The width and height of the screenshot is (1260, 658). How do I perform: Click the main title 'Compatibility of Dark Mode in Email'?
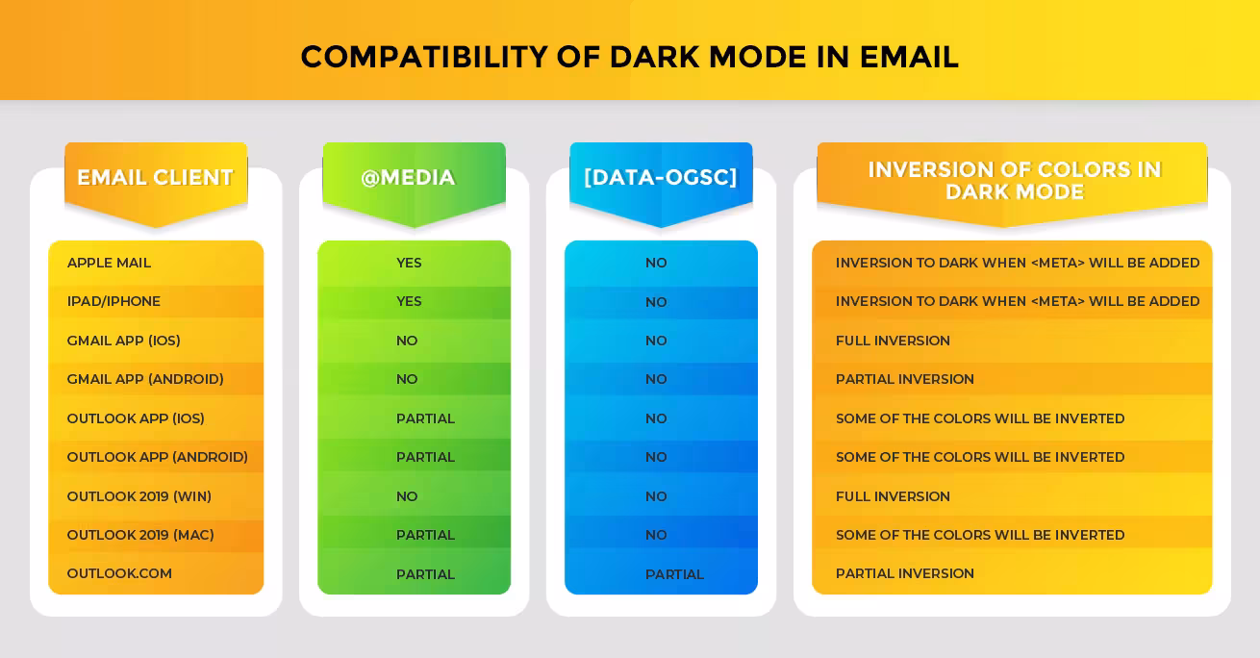coord(629,57)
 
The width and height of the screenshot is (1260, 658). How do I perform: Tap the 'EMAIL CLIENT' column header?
coord(155,178)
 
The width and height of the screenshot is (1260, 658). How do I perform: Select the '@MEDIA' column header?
coord(408,178)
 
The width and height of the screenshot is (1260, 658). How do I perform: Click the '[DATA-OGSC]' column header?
coord(661,178)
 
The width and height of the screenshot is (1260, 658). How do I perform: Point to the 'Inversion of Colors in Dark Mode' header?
coord(1015,181)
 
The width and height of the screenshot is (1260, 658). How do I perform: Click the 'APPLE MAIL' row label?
coord(109,263)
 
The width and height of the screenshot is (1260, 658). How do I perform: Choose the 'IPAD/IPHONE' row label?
coord(113,301)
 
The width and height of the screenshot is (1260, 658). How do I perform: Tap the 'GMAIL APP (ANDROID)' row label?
coord(145,379)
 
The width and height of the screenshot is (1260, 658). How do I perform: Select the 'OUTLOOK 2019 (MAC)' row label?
coord(140,535)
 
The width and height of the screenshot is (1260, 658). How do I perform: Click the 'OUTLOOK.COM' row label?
coord(119,573)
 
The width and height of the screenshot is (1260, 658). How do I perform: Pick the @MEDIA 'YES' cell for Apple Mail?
coord(409,263)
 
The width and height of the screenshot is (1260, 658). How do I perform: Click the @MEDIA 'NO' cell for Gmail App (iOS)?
coord(407,341)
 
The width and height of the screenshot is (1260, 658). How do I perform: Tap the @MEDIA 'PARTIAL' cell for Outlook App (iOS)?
coord(425,418)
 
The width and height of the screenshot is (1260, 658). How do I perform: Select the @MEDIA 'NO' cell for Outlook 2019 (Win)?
coord(407,496)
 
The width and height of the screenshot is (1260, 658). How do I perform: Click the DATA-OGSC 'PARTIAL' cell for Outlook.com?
coord(674,574)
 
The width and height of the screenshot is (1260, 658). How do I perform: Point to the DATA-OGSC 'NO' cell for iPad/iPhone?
coord(656,302)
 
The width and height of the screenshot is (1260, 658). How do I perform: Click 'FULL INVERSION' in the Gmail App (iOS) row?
coord(893,341)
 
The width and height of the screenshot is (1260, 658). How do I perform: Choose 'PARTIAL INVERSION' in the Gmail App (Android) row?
coord(904,379)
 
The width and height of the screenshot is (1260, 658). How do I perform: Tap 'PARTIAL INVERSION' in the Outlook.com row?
coord(904,573)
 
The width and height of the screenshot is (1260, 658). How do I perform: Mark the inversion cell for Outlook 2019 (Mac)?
coord(980,535)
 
